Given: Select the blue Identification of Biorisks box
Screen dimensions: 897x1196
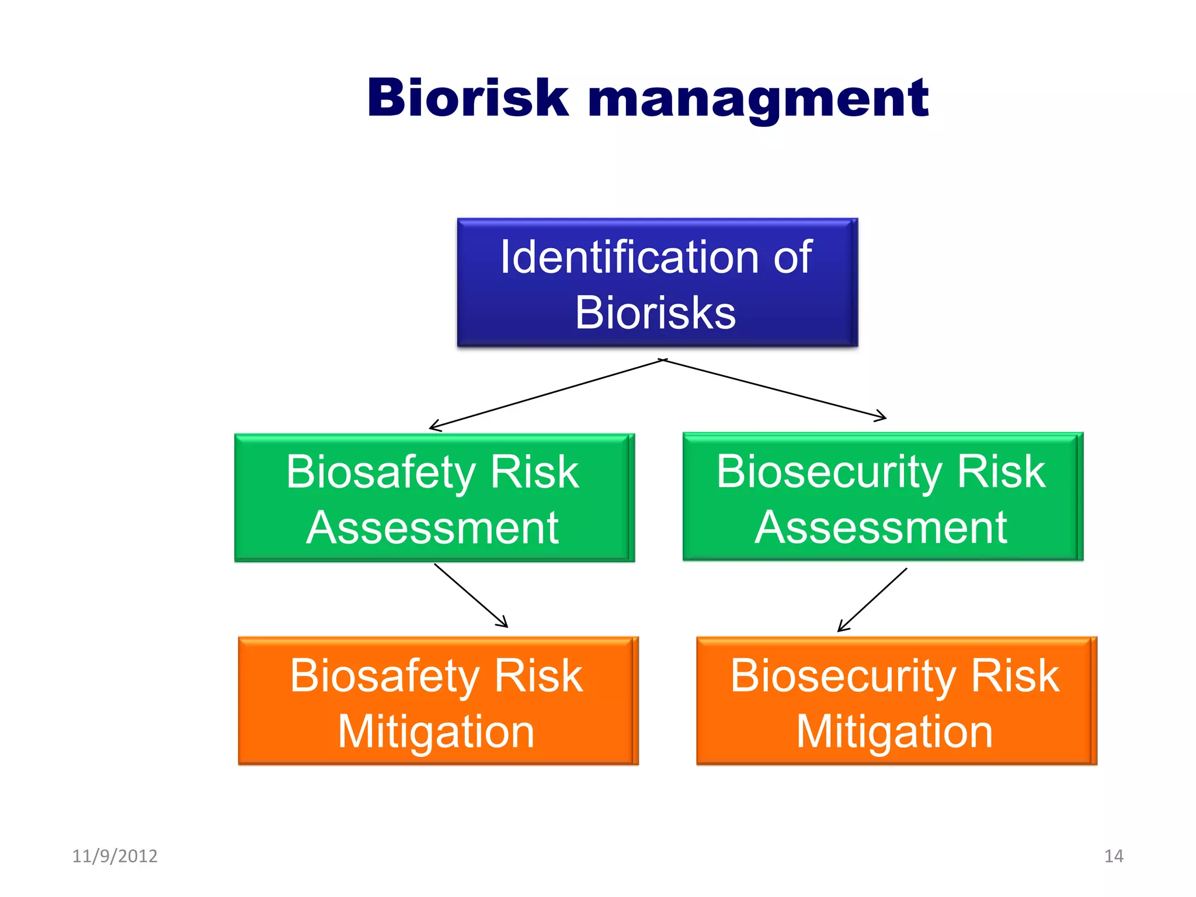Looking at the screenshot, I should pos(657,283).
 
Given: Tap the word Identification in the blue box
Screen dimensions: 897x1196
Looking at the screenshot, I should pos(628,258).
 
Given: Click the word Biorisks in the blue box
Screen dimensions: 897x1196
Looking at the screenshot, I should pos(655,313).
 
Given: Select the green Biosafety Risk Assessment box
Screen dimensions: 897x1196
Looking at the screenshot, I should pos(434,498).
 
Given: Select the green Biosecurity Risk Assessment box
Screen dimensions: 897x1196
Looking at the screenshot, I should pos(882,497).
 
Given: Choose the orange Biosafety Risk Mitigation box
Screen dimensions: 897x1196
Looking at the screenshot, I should pos(438,701).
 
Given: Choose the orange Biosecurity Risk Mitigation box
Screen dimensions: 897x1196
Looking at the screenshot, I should pos(896,701).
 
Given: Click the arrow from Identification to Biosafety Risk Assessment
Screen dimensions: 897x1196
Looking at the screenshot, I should pos(546,395).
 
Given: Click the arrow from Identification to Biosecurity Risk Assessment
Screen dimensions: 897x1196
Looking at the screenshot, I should pos(774,389).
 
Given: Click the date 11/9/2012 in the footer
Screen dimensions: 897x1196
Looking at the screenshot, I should pos(114,856).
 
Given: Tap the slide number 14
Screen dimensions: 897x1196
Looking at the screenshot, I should pos(1114,856).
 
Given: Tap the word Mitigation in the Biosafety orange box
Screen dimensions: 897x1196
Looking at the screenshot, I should pos(436,731).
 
